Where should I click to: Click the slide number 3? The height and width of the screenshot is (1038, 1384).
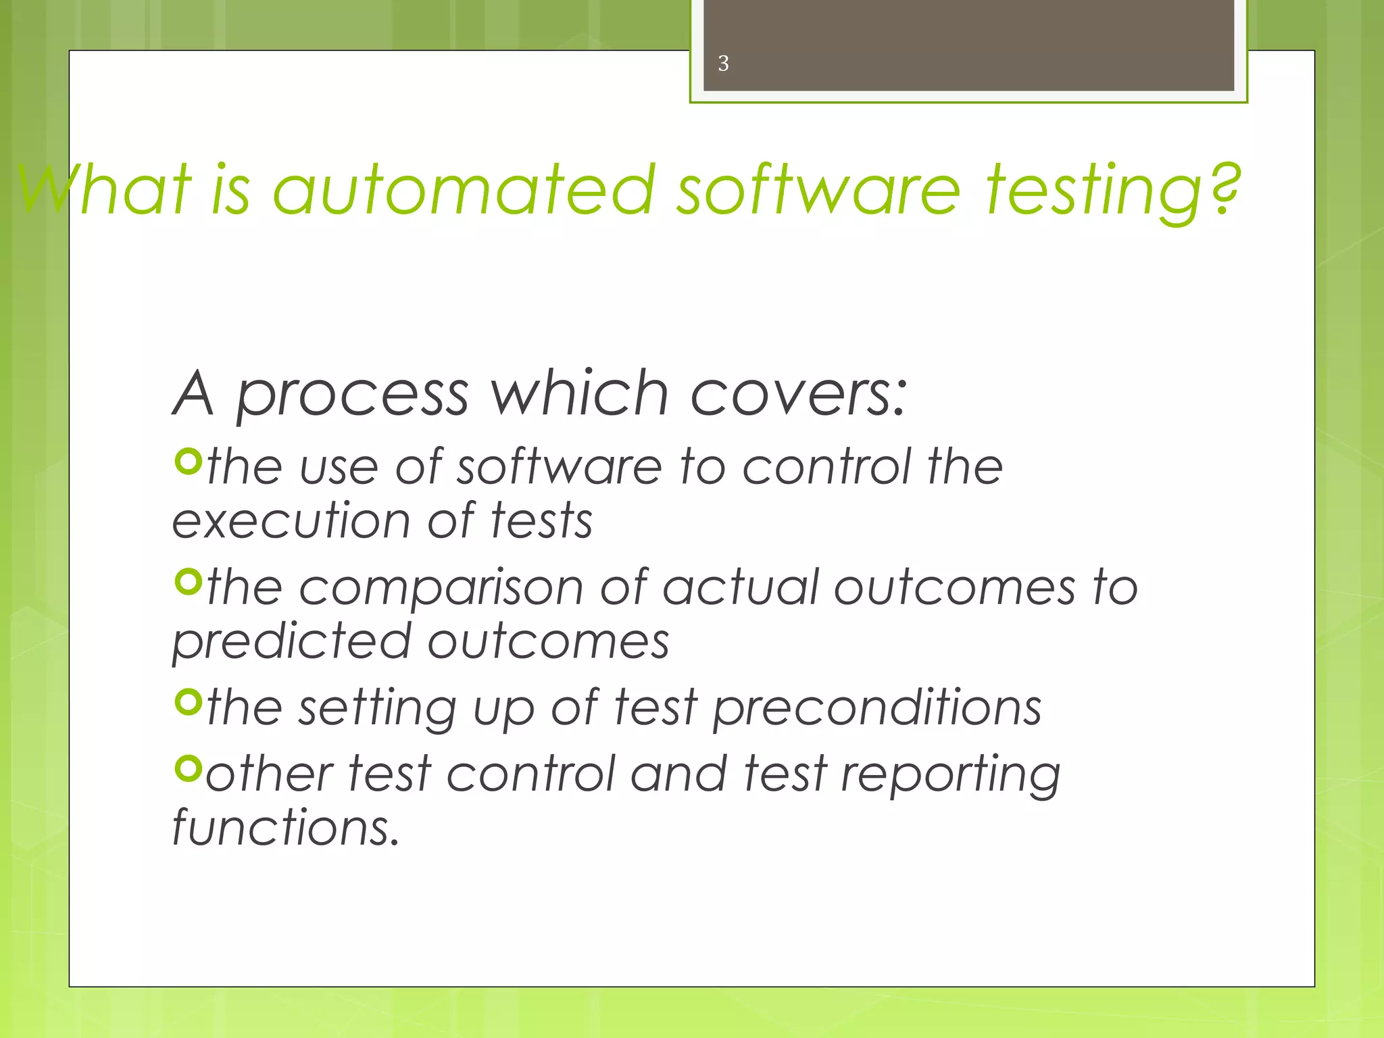tap(723, 64)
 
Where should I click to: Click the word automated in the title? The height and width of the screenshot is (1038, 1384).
tap(464, 191)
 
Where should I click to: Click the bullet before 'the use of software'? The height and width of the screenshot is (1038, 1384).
tap(189, 462)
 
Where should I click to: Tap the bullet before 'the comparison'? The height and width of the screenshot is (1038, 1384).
tap(189, 582)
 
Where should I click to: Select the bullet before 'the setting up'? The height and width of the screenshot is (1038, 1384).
tap(189, 702)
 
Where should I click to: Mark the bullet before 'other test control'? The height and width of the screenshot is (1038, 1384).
tap(189, 768)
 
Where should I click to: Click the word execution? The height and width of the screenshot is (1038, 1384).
tap(291, 521)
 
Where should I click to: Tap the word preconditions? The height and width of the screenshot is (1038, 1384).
tap(877, 708)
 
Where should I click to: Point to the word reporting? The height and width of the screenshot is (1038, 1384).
tap(950, 774)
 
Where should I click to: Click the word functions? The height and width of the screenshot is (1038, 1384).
tap(286, 827)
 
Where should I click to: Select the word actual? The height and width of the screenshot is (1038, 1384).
tap(740, 587)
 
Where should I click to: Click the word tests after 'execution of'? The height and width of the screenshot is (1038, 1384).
tap(541, 521)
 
